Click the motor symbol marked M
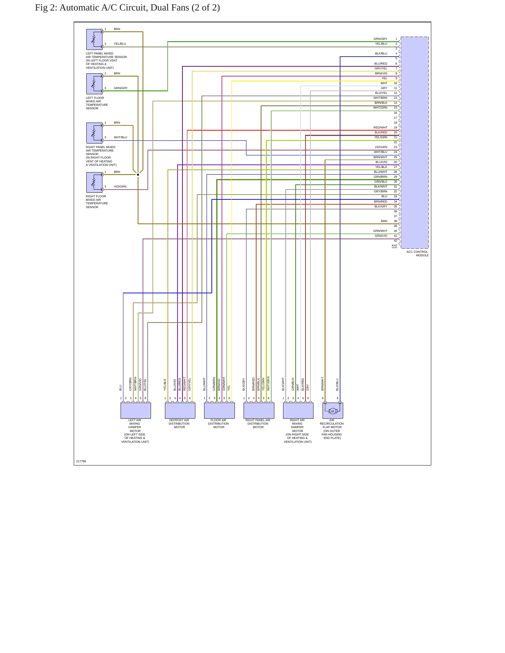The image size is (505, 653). [x=333, y=411]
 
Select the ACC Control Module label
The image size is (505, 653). [x=417, y=254]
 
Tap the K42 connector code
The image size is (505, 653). [x=394, y=245]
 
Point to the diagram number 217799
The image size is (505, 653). [x=81, y=461]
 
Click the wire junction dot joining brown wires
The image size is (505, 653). [x=138, y=175]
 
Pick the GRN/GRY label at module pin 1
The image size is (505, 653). [x=380, y=39]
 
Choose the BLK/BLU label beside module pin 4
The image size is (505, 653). [x=381, y=54]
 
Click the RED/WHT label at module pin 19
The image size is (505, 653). [x=380, y=128]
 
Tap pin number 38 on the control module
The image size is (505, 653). [x=396, y=221]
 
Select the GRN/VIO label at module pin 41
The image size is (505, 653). [x=381, y=236]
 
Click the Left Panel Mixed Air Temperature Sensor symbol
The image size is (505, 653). [x=94, y=39]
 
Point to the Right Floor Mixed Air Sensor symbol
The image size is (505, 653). [x=94, y=182]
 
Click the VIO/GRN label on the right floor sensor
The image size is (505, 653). [x=120, y=187]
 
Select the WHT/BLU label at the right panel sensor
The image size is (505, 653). [x=121, y=138]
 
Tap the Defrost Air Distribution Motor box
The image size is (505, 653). [x=180, y=411]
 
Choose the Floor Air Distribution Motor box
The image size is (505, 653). [x=219, y=411]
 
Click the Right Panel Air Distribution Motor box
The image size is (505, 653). [x=259, y=411]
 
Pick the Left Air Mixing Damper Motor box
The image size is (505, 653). [x=136, y=411]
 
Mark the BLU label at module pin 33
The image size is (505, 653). [x=384, y=197]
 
